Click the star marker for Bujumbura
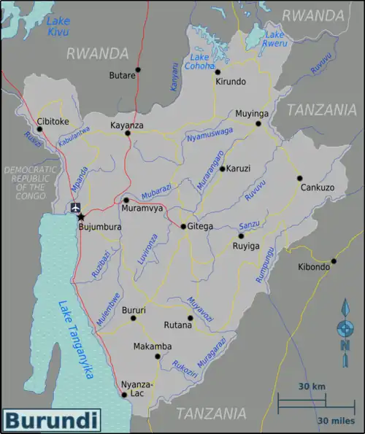(80, 217)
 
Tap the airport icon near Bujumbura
(76, 208)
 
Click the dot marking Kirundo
(217, 71)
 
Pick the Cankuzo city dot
(299, 177)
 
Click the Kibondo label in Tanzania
(314, 268)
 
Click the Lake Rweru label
(274, 39)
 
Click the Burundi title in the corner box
(51, 421)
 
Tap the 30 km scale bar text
(312, 386)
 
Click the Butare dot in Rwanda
(138, 70)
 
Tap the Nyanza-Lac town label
(137, 388)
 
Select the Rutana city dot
(191, 317)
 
